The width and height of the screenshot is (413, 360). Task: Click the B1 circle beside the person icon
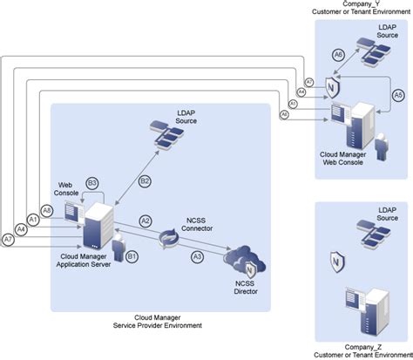132,256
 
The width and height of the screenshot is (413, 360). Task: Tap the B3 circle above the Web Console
92,183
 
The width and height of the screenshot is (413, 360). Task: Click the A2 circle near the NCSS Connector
146,221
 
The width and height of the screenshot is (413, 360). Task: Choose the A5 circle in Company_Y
398,94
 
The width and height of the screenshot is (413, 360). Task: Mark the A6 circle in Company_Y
339,55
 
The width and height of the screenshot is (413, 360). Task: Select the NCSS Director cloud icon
242,260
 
